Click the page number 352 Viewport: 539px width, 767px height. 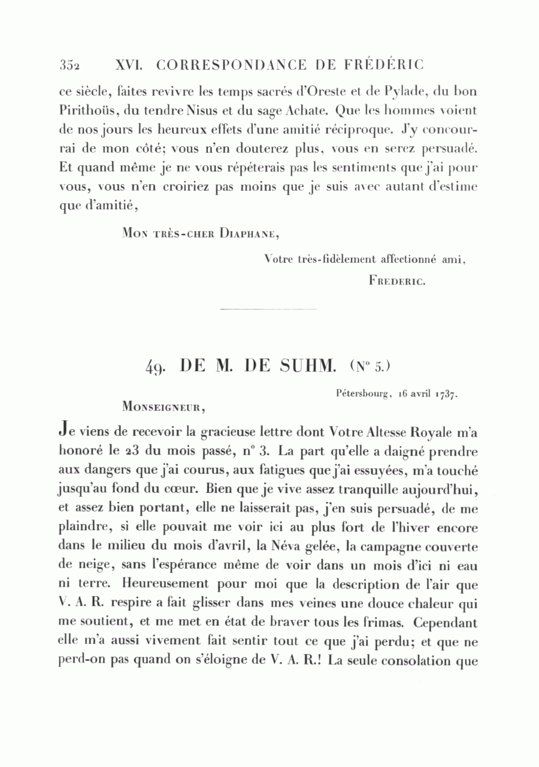(x=71, y=65)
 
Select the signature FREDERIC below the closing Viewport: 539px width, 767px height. (x=397, y=280)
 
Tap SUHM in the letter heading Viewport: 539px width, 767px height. (x=306, y=366)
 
